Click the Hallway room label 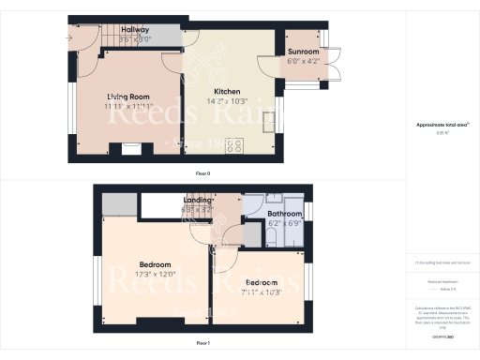point(136,30)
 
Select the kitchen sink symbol point(268,123)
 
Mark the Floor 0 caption point(202,174)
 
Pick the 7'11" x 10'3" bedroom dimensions point(262,292)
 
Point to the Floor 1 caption point(202,344)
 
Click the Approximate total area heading point(442,124)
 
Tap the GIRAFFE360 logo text point(442,335)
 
